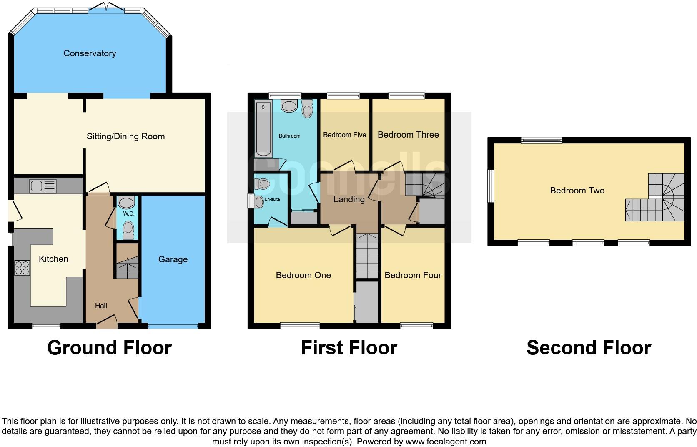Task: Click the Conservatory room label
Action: (90, 53)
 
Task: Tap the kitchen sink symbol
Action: (43, 186)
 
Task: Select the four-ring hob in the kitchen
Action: (23, 268)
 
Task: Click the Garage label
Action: (173, 259)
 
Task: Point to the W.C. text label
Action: (128, 213)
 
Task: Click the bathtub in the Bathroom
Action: (263, 129)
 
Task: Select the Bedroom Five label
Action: (344, 135)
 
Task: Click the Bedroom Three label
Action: (408, 135)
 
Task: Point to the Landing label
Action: (348, 199)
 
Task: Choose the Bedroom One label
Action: (303, 275)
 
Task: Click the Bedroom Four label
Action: (412, 275)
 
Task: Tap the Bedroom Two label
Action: (577, 191)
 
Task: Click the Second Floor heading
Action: (588, 348)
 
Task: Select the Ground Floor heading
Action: (109, 348)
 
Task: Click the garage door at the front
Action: (173, 326)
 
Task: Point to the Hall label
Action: (101, 306)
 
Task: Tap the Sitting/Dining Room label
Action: (125, 136)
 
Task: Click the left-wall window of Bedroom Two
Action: (491, 186)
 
